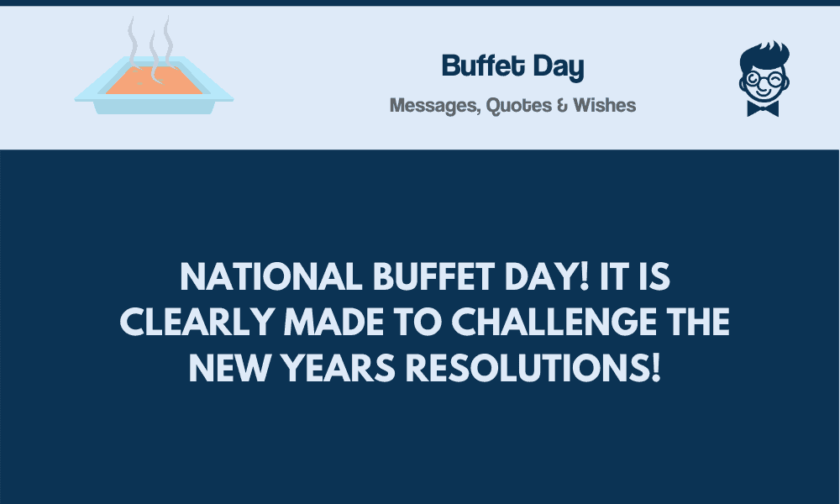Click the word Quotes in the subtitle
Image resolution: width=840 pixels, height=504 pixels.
518,106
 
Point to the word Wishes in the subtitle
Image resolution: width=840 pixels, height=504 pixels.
604,105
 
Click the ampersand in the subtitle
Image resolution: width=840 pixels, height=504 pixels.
562,106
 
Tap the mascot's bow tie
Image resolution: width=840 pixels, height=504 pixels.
763,108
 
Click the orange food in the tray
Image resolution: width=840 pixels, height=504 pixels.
155,81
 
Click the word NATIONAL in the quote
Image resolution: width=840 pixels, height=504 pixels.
271,277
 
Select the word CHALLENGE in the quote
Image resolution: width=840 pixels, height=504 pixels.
554,322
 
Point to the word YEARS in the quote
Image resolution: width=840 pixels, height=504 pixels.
338,368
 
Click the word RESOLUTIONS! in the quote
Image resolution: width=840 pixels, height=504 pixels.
533,368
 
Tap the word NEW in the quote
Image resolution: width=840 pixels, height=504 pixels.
230,368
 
